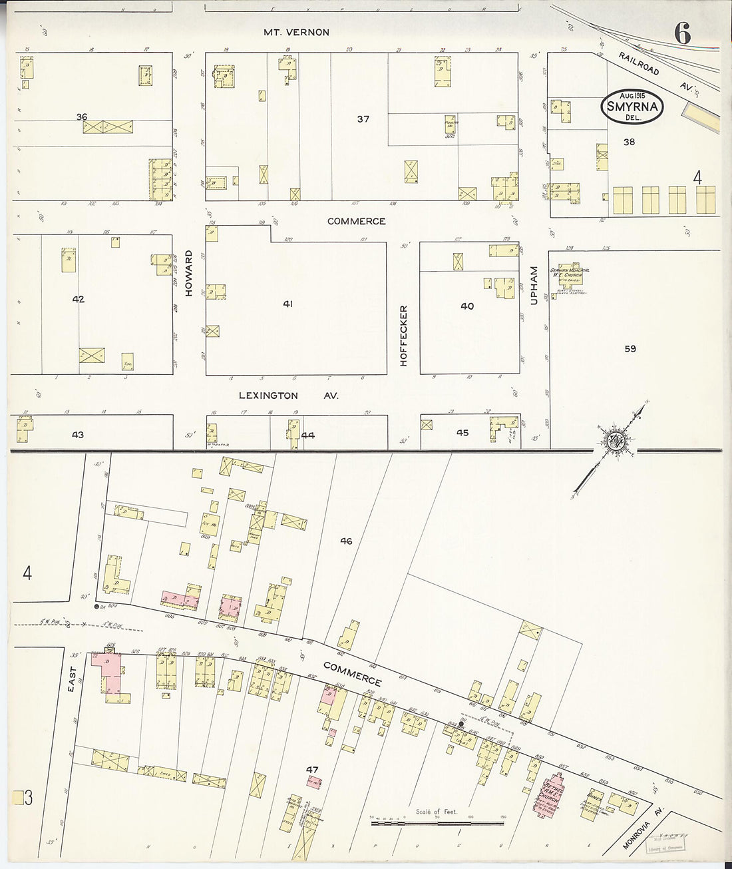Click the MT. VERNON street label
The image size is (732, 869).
[296, 32]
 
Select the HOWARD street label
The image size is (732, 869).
[189, 273]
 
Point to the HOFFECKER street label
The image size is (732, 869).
[403, 336]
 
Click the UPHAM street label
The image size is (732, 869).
[533, 286]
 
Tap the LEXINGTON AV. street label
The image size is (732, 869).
[288, 396]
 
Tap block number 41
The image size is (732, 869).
[287, 304]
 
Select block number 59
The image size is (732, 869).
[630, 348]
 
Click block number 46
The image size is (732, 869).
[346, 541]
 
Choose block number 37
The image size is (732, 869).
[363, 119]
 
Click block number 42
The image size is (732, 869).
[79, 300]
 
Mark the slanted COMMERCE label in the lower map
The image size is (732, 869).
[353, 674]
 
